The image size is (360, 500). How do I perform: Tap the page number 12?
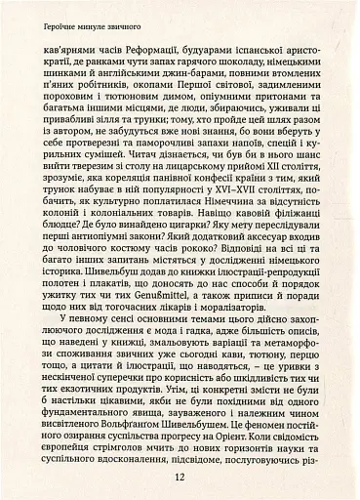pyautogui.click(x=180, y=478)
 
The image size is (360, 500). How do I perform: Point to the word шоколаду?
pyautogui.click(x=253, y=62)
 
